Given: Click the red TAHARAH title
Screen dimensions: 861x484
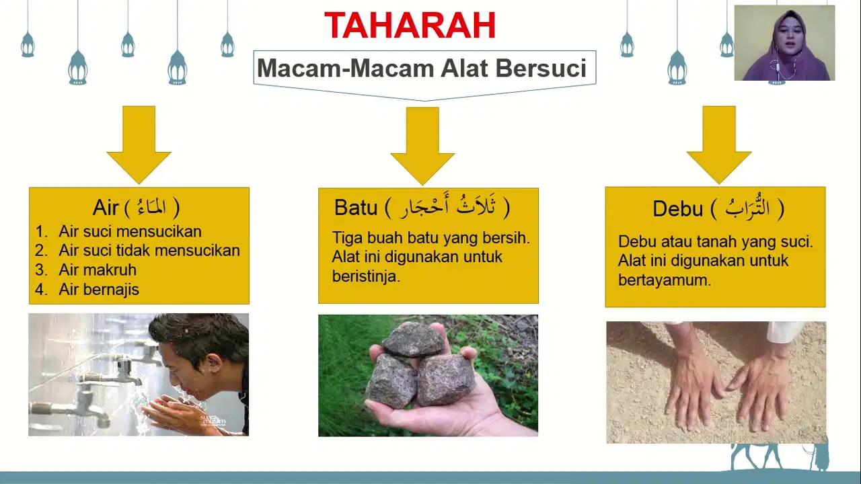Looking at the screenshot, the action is (x=410, y=25).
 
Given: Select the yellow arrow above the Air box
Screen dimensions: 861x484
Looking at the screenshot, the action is (x=139, y=145).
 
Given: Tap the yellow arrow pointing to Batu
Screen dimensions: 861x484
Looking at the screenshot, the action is (x=422, y=146).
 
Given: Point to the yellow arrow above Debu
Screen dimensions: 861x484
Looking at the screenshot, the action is (x=719, y=145).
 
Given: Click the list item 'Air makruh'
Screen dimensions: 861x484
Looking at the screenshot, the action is (x=98, y=270).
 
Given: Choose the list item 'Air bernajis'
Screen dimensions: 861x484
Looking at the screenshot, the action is (x=99, y=290).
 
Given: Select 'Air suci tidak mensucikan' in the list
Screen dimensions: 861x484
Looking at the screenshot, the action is (x=149, y=251).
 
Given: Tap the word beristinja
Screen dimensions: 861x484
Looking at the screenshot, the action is (x=366, y=276).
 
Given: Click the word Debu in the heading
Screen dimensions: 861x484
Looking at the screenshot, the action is (x=677, y=209).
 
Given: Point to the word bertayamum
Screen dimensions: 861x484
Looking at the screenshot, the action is (x=665, y=280).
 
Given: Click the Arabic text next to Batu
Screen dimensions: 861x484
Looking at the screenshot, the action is (x=448, y=208).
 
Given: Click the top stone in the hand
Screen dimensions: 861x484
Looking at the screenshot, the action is (x=414, y=340).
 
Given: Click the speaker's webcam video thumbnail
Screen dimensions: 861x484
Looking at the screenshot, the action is (x=784, y=42).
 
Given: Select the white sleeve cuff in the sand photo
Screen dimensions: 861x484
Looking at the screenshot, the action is (x=784, y=331).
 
